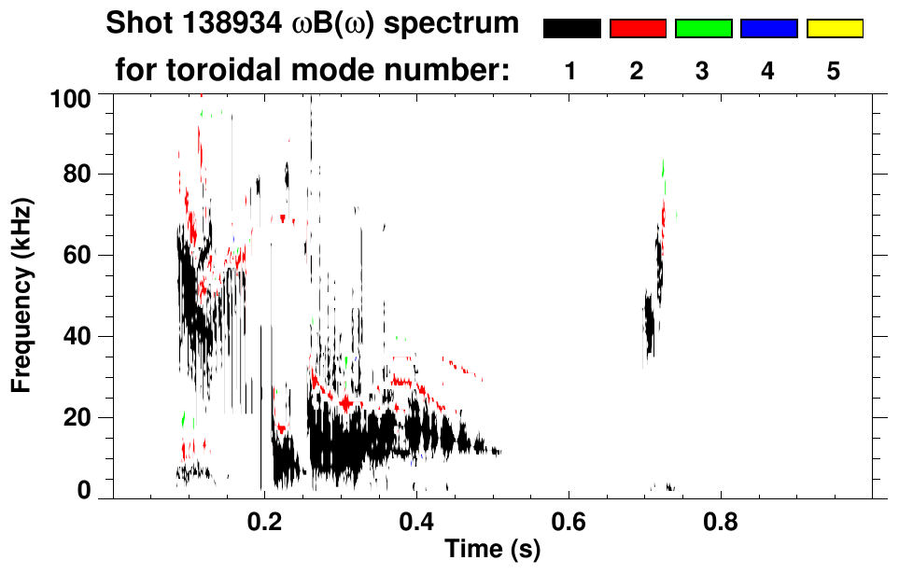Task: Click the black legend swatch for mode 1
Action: coord(571,29)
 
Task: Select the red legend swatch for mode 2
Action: coord(638,29)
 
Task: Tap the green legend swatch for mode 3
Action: coord(703,29)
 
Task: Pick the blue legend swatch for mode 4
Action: coord(768,29)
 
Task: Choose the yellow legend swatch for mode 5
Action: coord(835,29)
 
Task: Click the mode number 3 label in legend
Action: coord(703,71)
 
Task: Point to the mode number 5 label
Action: coord(834,71)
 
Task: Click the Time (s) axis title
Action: coord(491,551)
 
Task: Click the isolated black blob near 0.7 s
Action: coord(649,322)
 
